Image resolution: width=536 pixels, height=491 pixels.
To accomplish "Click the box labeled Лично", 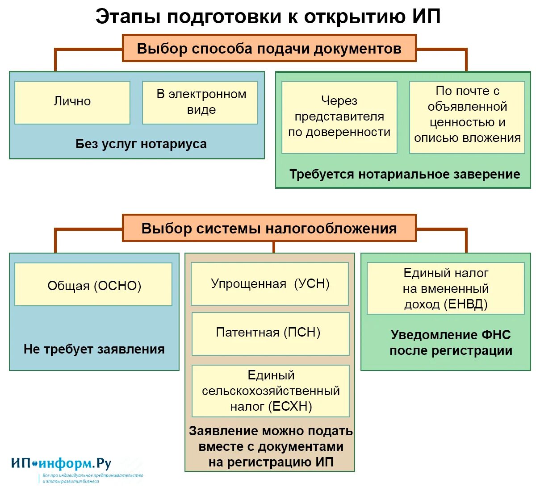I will pyautogui.click(x=72, y=102).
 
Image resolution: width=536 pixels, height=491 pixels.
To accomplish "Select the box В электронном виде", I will pyautogui.click(x=200, y=102).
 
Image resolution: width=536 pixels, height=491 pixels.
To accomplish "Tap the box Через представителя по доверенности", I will pyautogui.click(x=339, y=117).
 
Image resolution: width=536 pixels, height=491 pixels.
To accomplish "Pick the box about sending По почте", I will pyautogui.click(x=467, y=117).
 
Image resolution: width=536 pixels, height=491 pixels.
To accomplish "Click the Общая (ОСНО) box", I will pyautogui.click(x=93, y=284).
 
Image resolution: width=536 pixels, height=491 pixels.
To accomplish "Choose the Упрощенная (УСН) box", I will pyautogui.click(x=270, y=284).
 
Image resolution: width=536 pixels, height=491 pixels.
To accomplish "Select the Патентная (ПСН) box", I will pyautogui.click(x=271, y=333).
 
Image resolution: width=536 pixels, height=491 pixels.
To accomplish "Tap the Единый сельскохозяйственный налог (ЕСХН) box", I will pyautogui.click(x=271, y=391).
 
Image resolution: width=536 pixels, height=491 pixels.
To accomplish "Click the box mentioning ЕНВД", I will pyautogui.click(x=446, y=288).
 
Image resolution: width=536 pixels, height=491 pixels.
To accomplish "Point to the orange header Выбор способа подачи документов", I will pyautogui.click(x=269, y=48).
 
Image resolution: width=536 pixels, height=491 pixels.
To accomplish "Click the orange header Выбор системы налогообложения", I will pyautogui.click(x=269, y=228).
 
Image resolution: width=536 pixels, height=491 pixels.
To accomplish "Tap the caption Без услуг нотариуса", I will pyautogui.click(x=141, y=144).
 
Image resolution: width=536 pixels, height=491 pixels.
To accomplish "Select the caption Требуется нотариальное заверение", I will pyautogui.click(x=405, y=174).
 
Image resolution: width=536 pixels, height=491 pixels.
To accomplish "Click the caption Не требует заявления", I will pyautogui.click(x=94, y=349).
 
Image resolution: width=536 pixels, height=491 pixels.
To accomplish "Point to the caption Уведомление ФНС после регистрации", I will pyautogui.click(x=451, y=343).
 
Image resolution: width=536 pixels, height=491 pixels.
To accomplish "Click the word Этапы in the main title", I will pyautogui.click(x=128, y=17).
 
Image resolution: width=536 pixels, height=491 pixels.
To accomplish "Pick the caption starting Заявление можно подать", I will pyautogui.click(x=271, y=446).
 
